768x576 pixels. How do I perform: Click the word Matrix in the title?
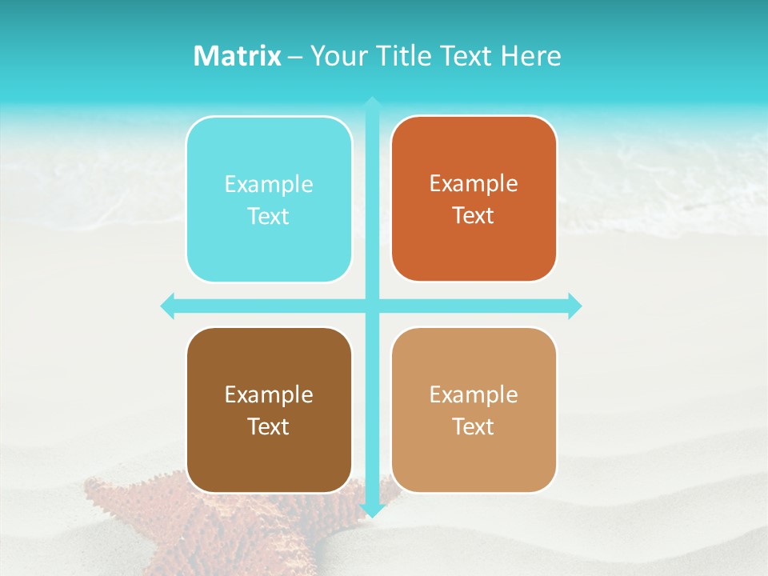[237, 56]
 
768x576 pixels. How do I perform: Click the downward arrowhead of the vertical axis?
[371, 510]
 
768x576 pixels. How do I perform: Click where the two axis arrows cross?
[371, 306]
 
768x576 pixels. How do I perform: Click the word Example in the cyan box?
[269, 185]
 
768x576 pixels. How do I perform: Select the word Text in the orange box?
[474, 216]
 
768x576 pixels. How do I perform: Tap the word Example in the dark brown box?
[269, 395]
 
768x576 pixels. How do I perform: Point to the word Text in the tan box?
[474, 427]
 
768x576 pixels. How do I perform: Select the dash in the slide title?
[295, 57]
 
